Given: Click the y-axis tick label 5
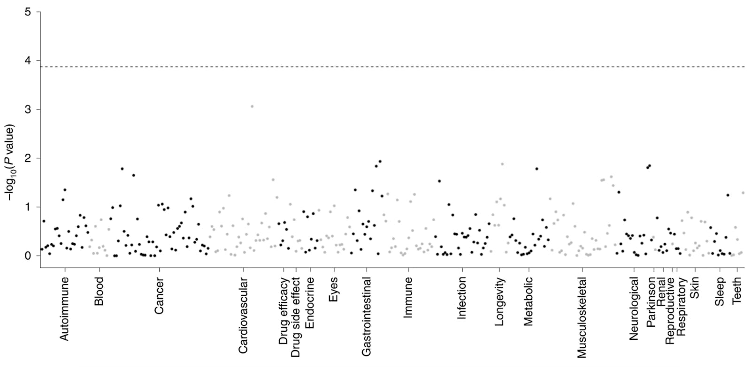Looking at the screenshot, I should coord(28,12).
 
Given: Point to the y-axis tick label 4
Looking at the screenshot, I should coord(28,60).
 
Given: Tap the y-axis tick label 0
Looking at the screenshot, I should coord(28,256).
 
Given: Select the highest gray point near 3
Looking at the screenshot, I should coord(252,106).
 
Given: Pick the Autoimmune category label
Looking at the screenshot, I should coord(65,308).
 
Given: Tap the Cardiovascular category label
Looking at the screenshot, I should coord(243,315).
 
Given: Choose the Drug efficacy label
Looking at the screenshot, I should coord(284,311).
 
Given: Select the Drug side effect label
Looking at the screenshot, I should coord(296,317).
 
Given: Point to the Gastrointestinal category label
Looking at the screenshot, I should coord(367,316).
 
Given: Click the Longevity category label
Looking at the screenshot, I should coord(499,301).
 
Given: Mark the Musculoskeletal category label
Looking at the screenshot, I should coord(582,317).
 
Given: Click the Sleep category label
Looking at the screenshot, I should coord(720,292).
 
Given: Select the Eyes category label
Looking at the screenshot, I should coord(334,289).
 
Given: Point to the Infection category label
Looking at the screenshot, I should coord(462,298).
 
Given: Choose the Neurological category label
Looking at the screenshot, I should coord(634,308).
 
